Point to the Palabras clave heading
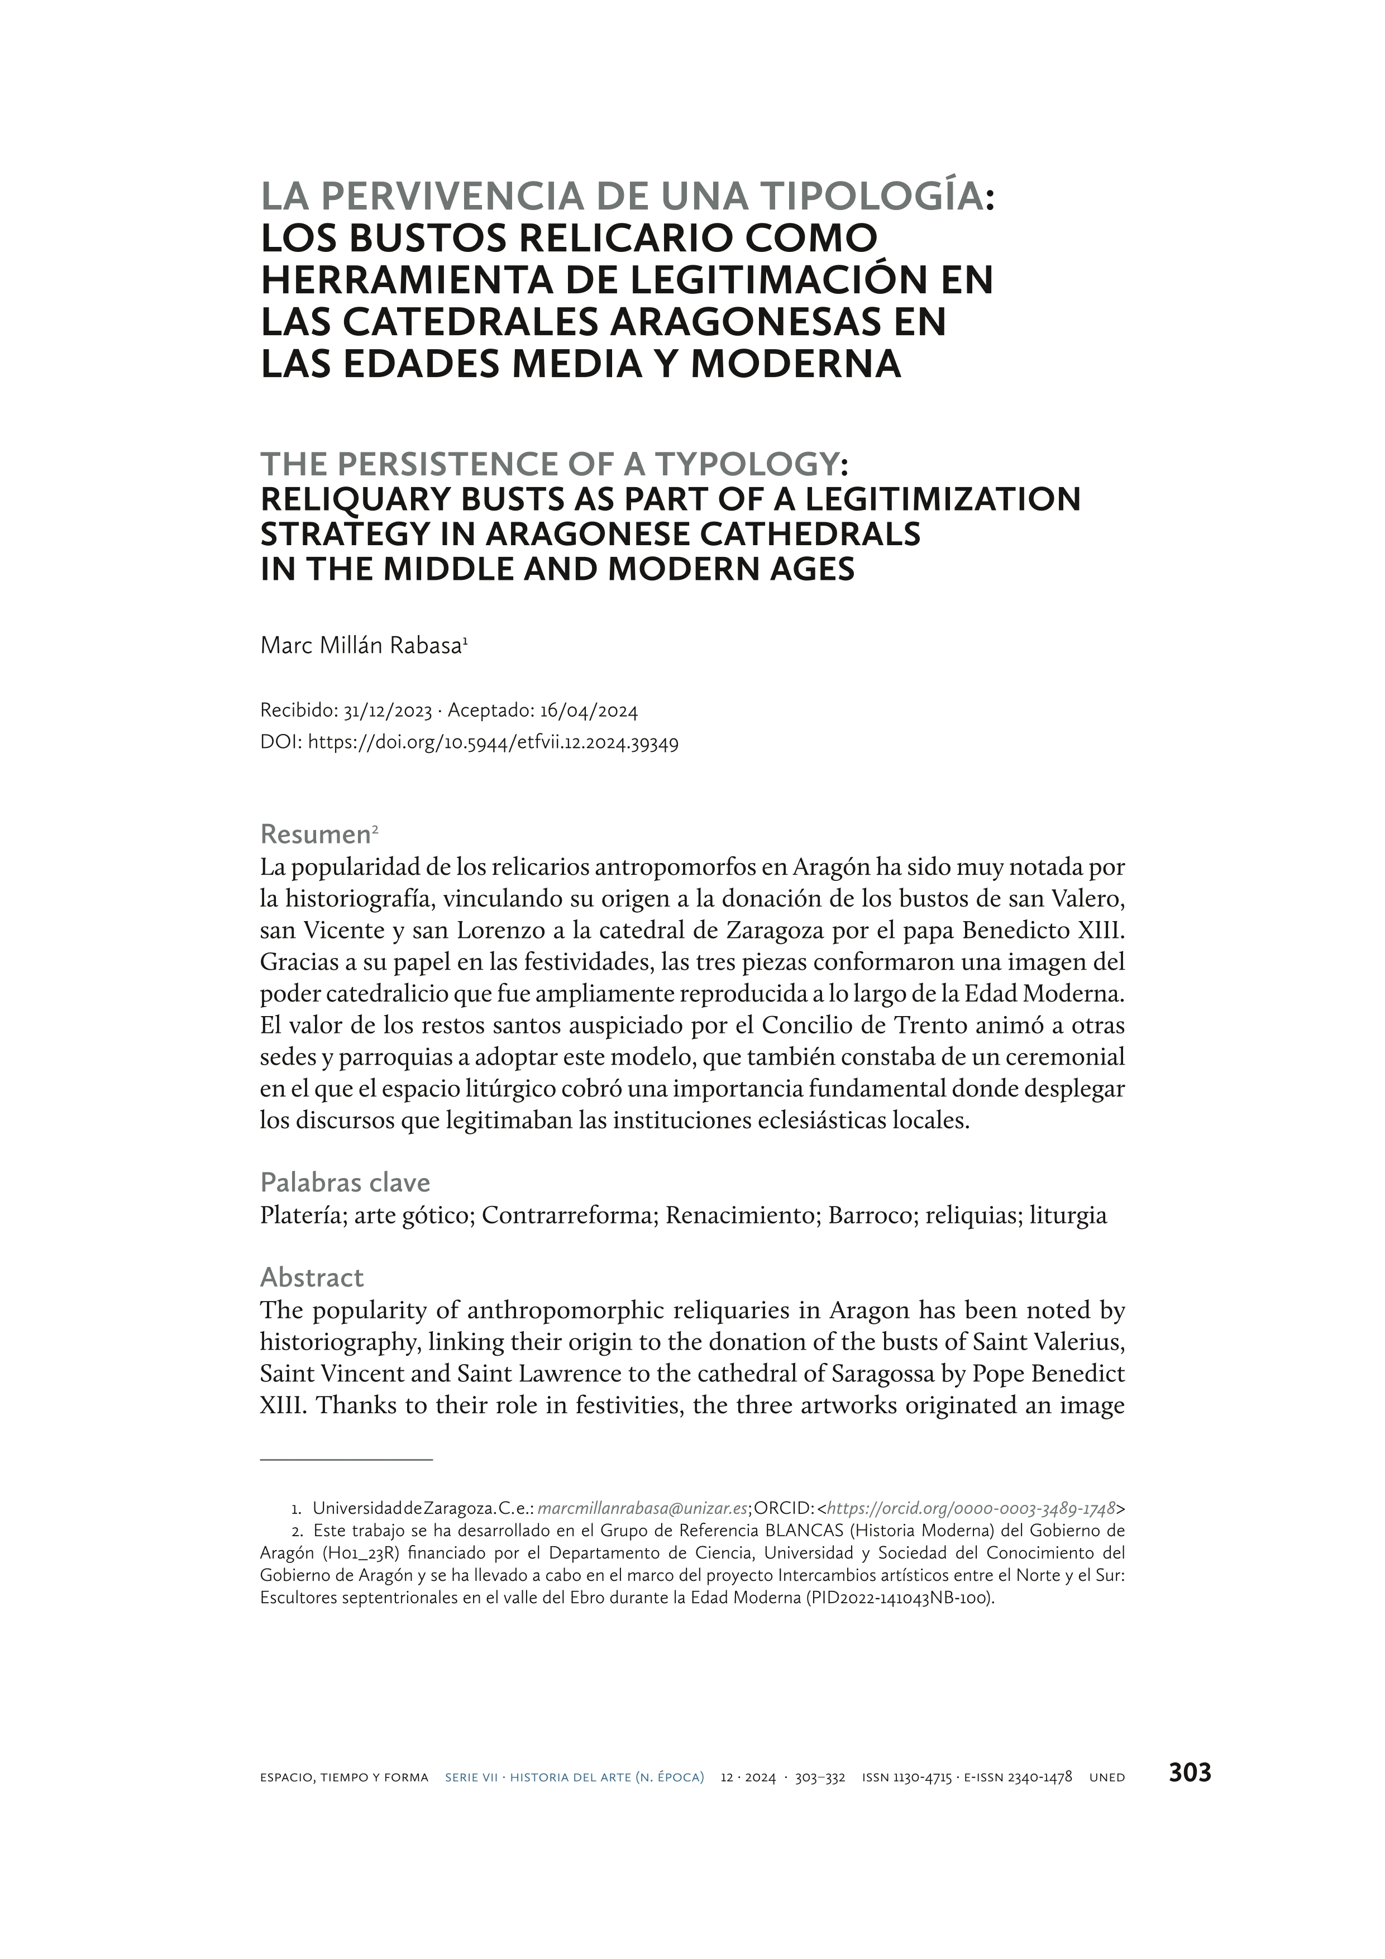tap(345, 1182)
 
